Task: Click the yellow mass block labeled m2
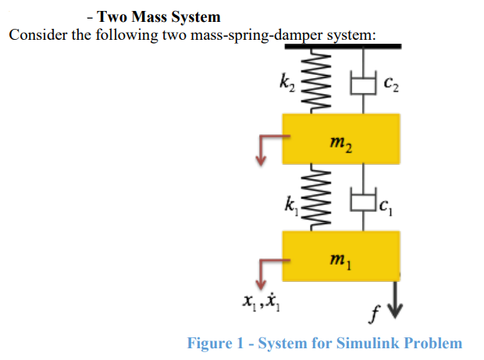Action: point(341,138)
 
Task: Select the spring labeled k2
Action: point(317,80)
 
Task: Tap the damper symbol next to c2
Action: point(364,81)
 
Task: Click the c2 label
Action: point(391,81)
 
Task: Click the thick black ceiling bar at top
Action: point(343,46)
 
